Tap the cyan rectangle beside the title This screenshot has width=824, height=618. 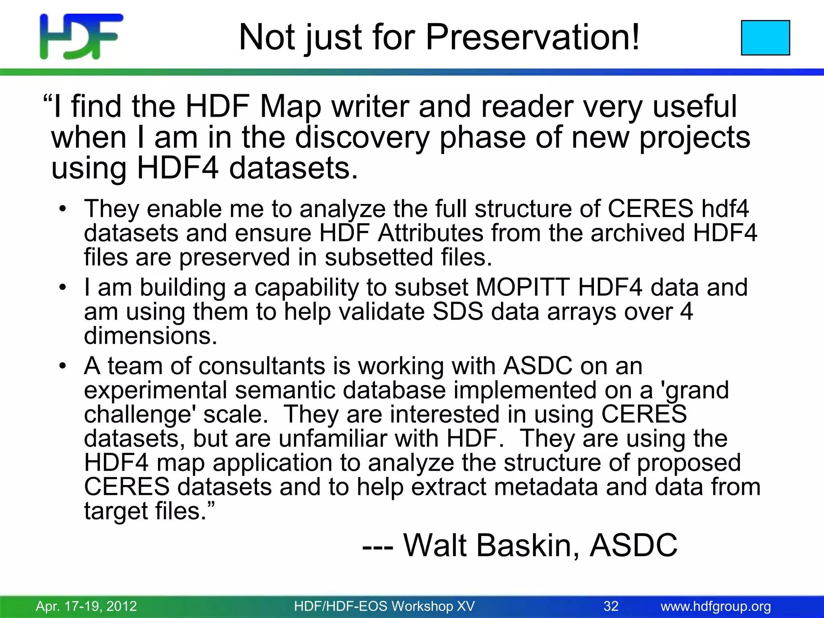pyautogui.click(x=765, y=37)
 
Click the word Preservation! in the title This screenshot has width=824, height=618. pyautogui.click(x=532, y=37)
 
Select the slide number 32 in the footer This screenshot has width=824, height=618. pyautogui.click(x=611, y=606)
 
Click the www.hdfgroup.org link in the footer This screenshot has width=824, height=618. pyautogui.click(x=716, y=606)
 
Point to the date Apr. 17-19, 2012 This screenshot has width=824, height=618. pyautogui.click(x=87, y=606)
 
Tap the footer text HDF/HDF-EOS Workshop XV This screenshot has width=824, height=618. pyautogui.click(x=384, y=606)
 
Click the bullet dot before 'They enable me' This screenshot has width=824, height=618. pyautogui.click(x=62, y=209)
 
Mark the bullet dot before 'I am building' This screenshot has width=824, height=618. pyautogui.click(x=62, y=287)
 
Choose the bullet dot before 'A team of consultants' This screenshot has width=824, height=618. pyautogui.click(x=62, y=366)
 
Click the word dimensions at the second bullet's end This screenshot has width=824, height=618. pyautogui.click(x=150, y=336)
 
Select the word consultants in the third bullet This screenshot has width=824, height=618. pyautogui.click(x=262, y=366)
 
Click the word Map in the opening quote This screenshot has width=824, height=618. pyautogui.click(x=290, y=107)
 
